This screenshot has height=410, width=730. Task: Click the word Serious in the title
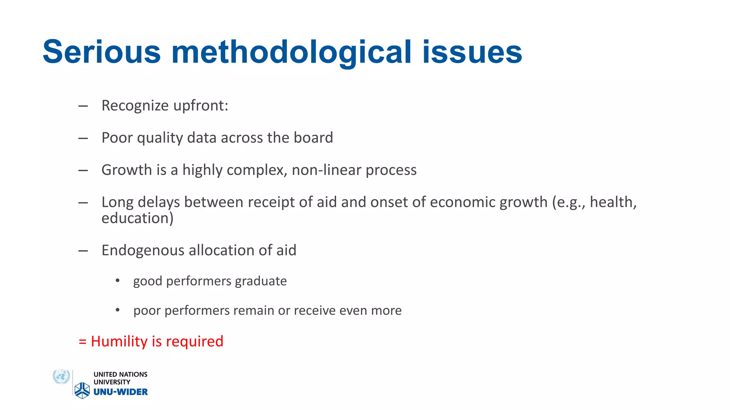pos(102,52)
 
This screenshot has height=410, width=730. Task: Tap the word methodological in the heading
pos(291,52)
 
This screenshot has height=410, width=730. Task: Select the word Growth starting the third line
pos(127,170)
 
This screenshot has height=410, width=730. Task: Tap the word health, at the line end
pos(613,202)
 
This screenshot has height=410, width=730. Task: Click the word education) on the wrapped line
pos(137,218)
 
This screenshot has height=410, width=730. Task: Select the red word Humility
pos(119,341)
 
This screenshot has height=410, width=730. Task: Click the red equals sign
pos(82,342)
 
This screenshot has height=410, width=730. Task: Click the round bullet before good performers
pos(118,281)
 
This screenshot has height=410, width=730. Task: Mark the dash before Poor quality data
pos(83,138)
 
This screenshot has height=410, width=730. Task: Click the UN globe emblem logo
pos(61,377)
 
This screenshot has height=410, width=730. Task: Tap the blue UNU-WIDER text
pos(120,392)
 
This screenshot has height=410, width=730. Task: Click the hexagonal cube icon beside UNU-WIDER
pos(82,390)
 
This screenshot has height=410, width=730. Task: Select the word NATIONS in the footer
pos(133,374)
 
